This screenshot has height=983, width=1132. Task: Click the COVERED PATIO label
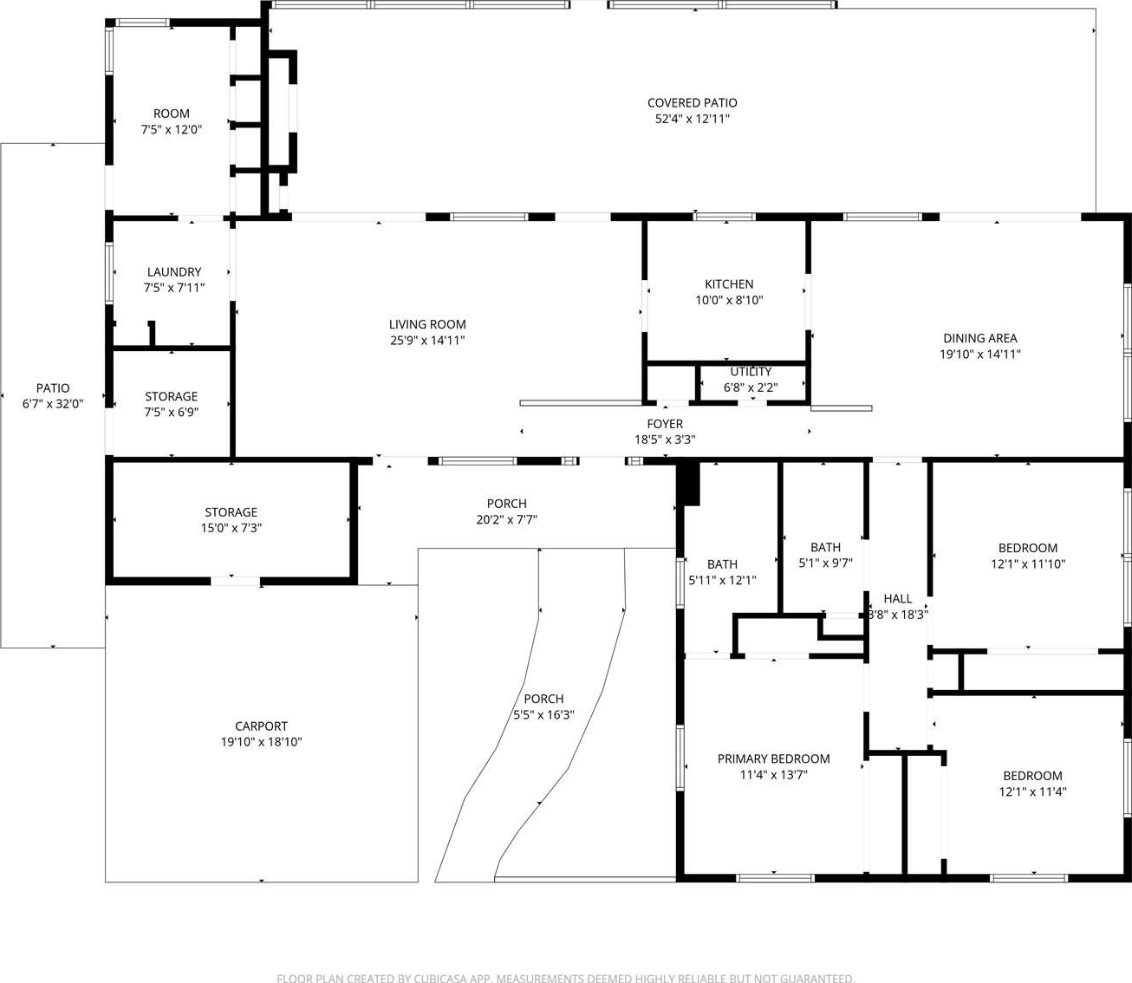coord(693,103)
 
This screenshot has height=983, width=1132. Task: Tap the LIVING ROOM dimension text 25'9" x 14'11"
coord(427,340)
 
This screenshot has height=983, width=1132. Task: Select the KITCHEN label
coord(729,284)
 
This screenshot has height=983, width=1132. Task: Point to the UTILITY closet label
coord(751,372)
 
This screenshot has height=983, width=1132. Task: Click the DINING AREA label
coord(979,338)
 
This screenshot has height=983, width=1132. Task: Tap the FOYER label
coord(665,424)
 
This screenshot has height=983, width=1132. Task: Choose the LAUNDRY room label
coord(173,272)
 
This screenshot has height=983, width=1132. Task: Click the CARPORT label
coord(261,726)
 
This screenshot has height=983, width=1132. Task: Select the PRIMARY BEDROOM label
coord(773,759)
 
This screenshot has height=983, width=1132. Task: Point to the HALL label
coord(897,598)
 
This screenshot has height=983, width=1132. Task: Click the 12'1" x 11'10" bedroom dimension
coord(1028,564)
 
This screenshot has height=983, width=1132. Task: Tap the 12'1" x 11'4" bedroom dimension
coord(1032,791)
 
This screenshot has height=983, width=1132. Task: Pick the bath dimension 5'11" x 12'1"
coord(722,580)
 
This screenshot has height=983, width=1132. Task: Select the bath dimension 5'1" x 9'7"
coord(825,563)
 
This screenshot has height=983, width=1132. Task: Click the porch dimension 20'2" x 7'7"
coord(507,519)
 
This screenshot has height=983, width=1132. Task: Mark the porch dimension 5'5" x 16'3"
coord(543,714)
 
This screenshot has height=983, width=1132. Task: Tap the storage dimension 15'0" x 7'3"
coord(231,528)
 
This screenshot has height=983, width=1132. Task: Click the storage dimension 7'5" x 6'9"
coord(172,412)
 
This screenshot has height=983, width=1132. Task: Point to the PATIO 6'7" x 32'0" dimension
coord(53,404)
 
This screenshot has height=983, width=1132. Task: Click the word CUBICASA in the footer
coord(439,978)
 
